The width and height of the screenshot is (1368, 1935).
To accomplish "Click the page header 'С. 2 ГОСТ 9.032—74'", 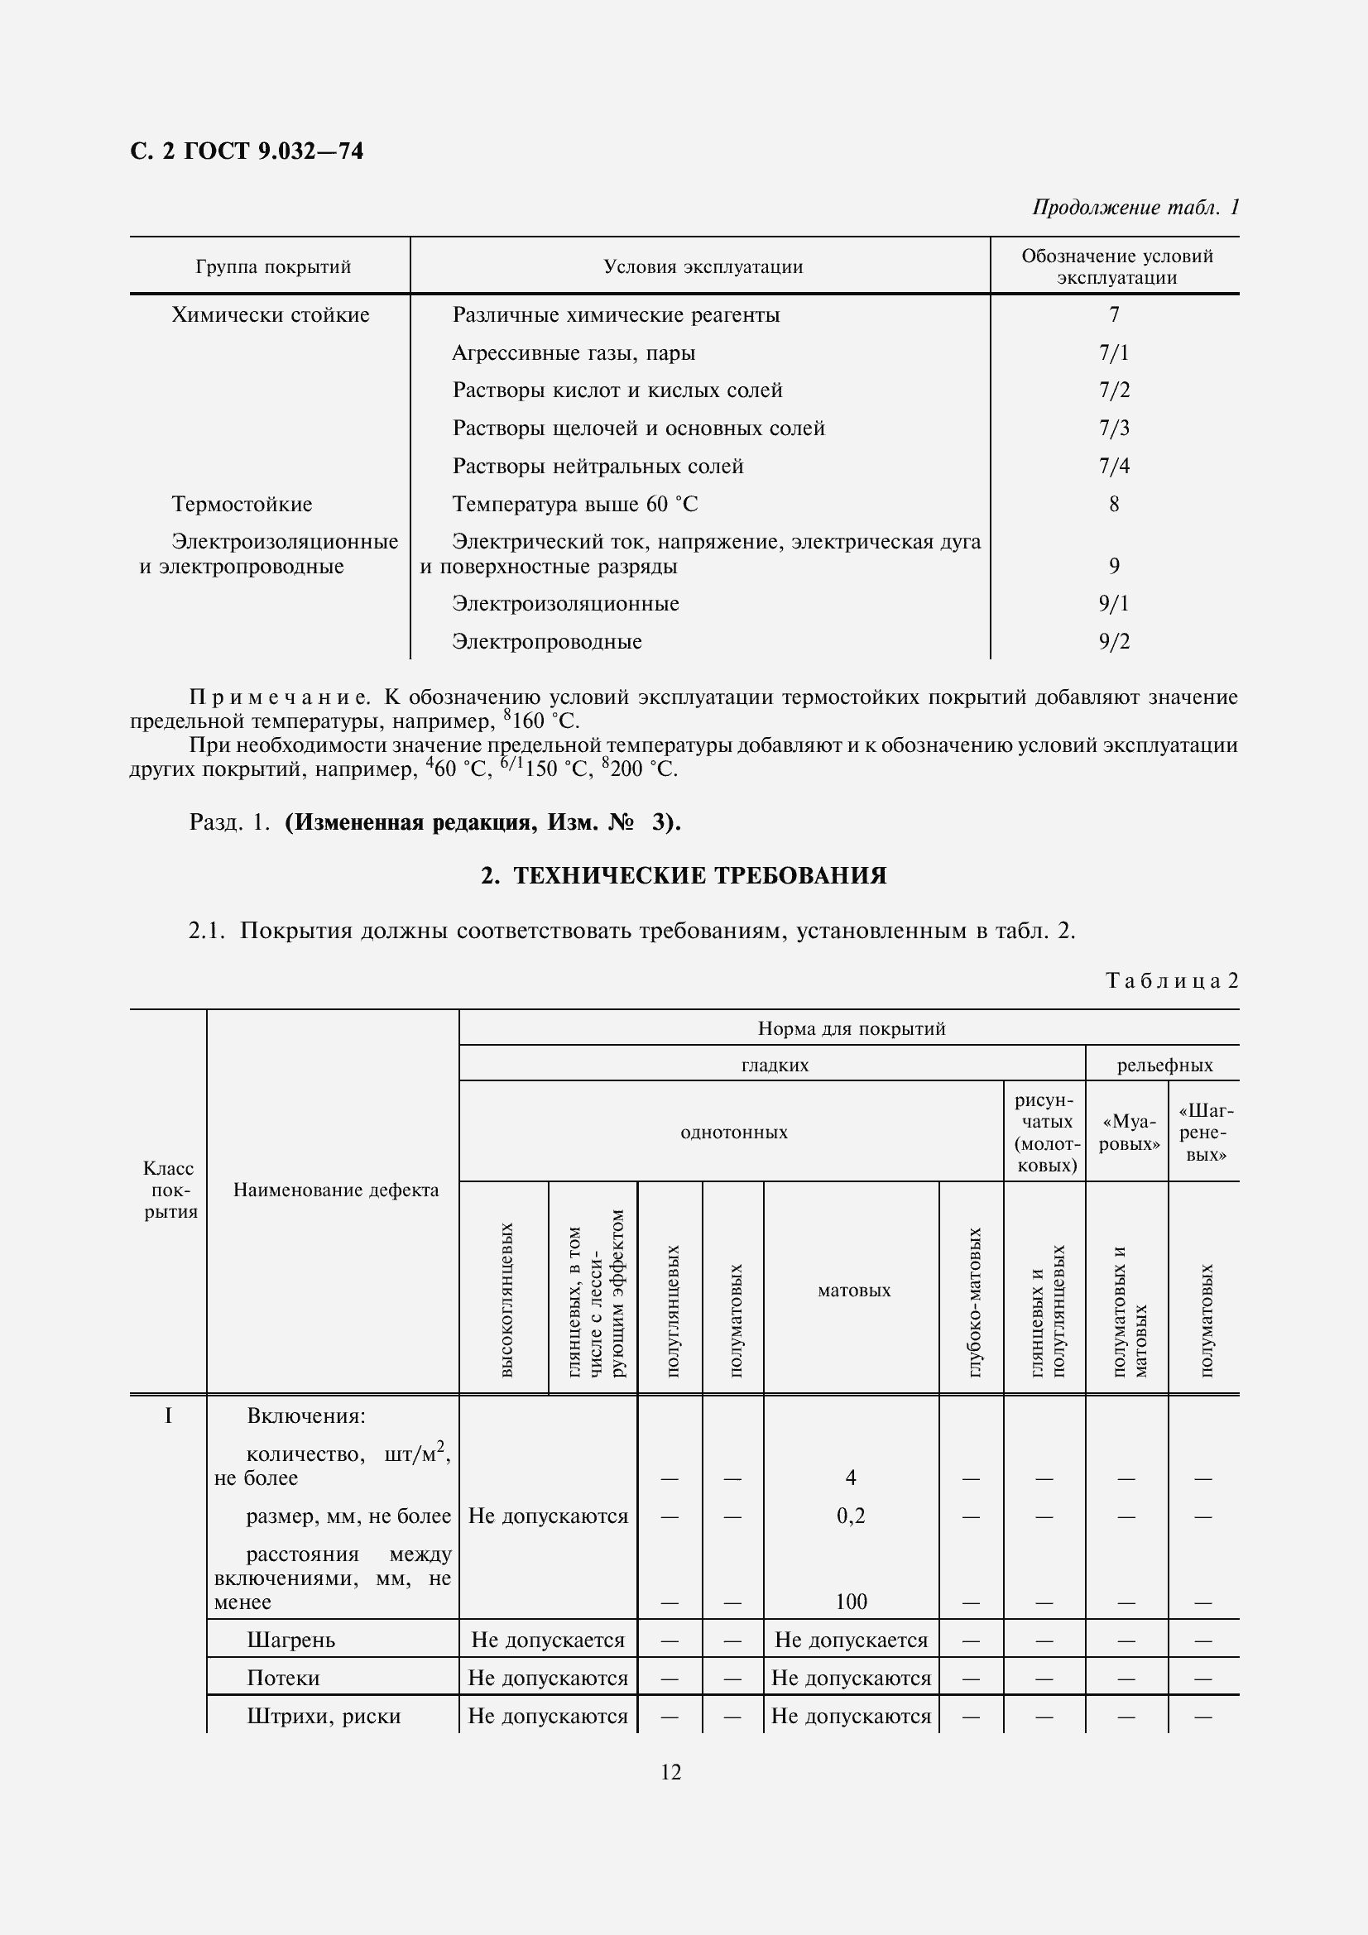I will click(247, 151).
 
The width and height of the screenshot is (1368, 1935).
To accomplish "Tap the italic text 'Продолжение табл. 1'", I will click(1135, 208).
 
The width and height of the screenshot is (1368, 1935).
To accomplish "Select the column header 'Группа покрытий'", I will click(273, 267).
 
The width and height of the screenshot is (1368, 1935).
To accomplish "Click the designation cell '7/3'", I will click(1113, 429).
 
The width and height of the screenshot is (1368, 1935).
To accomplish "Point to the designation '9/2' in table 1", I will click(1113, 641).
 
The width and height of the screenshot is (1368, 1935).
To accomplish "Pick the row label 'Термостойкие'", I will click(242, 504).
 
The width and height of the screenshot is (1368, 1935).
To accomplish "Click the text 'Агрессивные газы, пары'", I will click(574, 352).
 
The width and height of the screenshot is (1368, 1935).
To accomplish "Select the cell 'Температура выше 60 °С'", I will click(575, 504).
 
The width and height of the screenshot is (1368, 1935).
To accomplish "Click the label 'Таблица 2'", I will click(1172, 980).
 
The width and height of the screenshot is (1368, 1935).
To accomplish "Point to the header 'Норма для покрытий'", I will click(852, 1028).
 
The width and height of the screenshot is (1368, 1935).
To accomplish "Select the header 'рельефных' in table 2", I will click(1164, 1065).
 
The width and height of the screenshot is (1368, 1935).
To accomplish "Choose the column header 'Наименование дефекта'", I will click(335, 1190).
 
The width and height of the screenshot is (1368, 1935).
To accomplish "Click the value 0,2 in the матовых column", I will click(851, 1516).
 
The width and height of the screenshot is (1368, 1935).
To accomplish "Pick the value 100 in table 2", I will click(851, 1602).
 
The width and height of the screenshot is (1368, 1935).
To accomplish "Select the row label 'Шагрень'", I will click(290, 1640).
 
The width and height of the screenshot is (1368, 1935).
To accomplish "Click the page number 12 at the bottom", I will click(671, 1772).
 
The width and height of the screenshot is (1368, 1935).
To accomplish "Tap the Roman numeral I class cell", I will click(168, 1415).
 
